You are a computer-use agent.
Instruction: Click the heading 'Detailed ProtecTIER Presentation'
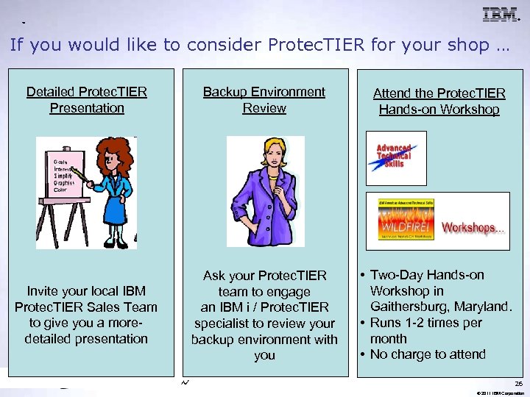[87, 100]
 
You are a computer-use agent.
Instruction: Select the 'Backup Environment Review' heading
[264, 100]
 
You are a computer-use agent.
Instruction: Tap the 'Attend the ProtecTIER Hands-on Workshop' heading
[439, 101]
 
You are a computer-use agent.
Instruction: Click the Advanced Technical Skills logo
[396, 157]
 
